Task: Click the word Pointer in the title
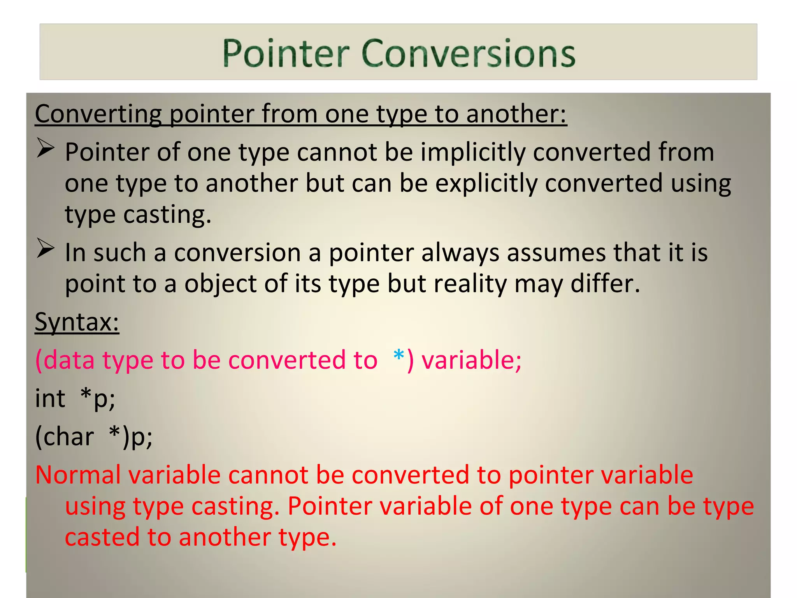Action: coord(286,53)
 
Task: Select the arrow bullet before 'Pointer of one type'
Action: coord(46,148)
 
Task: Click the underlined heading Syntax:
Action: coord(77,322)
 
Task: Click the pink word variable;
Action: coord(471,360)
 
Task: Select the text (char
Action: coord(65,436)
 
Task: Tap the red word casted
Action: coord(102,537)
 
